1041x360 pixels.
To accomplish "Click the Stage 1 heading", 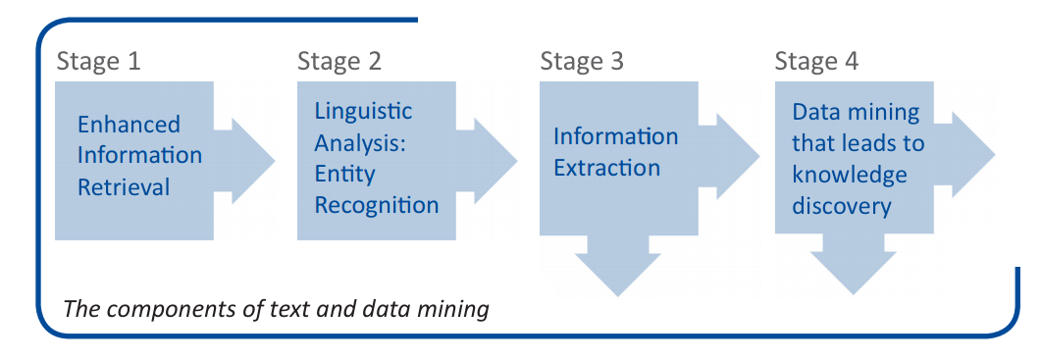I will click(98, 61).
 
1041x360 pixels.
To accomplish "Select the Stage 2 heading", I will click(339, 61).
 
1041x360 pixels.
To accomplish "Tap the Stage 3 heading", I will click(581, 61).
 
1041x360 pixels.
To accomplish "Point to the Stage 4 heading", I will click(816, 61).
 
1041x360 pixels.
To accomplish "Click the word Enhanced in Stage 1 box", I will click(129, 125).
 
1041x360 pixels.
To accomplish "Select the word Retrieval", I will click(124, 186).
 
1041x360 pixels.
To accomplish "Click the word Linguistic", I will click(363, 111).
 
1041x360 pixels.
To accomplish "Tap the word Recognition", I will click(376, 205).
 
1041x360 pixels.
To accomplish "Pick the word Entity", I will click(344, 174).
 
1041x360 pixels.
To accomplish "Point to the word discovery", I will click(841, 206).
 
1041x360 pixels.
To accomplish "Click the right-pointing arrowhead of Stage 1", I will click(252, 161).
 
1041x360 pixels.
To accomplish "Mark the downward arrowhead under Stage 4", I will click(854, 269).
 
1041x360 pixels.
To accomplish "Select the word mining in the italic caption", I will click(454, 310).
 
